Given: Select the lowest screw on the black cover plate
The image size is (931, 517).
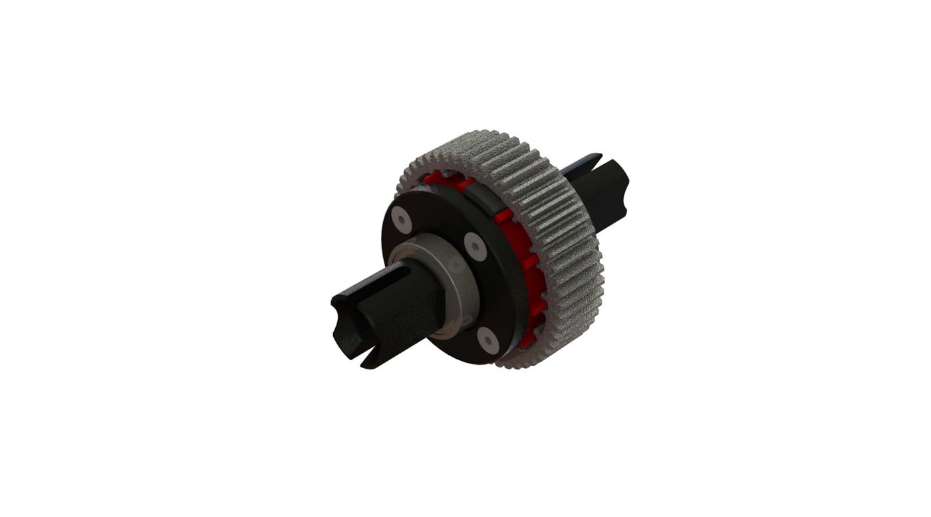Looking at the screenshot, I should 489,340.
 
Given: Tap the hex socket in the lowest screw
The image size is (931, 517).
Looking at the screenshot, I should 489,340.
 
